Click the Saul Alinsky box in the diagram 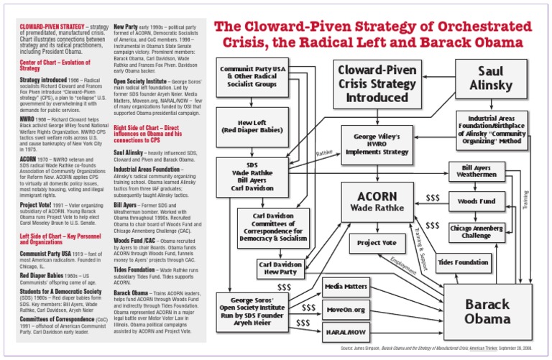point(492,79)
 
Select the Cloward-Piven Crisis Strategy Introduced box point(377,84)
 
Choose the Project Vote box point(377,244)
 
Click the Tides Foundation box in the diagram point(463,263)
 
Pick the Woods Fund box point(477,201)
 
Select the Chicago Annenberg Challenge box point(477,231)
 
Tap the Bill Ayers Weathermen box point(477,170)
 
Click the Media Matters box point(346,287)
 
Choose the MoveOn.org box point(346,310)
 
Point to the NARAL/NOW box point(346,333)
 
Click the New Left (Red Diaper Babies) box point(253,126)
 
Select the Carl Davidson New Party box point(281,269)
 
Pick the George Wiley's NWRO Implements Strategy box point(377,144)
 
